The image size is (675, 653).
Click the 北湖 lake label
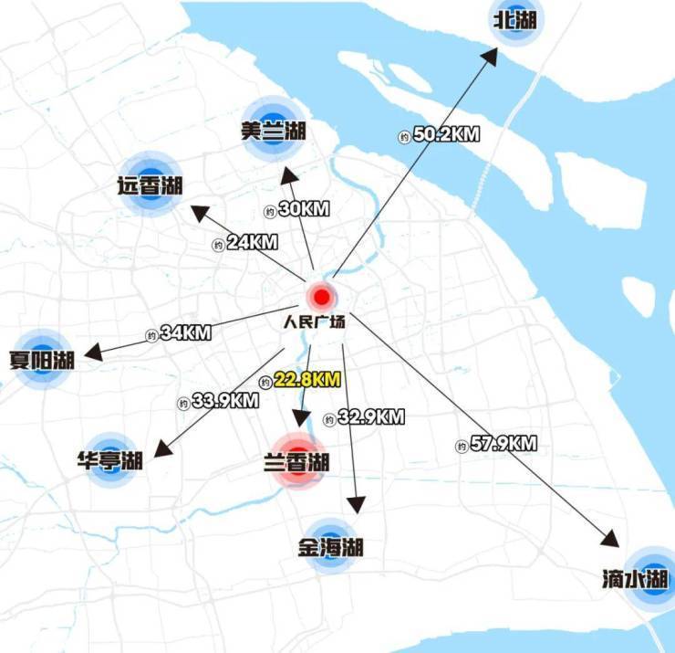point(515,20)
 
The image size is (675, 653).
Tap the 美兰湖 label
point(274,132)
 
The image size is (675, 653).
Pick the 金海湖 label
point(330,548)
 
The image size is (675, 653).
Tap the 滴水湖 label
point(636,579)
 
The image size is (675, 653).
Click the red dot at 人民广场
point(321,297)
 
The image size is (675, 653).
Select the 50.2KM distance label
point(446,134)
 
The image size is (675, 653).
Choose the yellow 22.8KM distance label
point(306,379)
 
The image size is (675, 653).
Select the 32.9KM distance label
point(370,416)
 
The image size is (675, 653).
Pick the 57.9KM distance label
point(503,445)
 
